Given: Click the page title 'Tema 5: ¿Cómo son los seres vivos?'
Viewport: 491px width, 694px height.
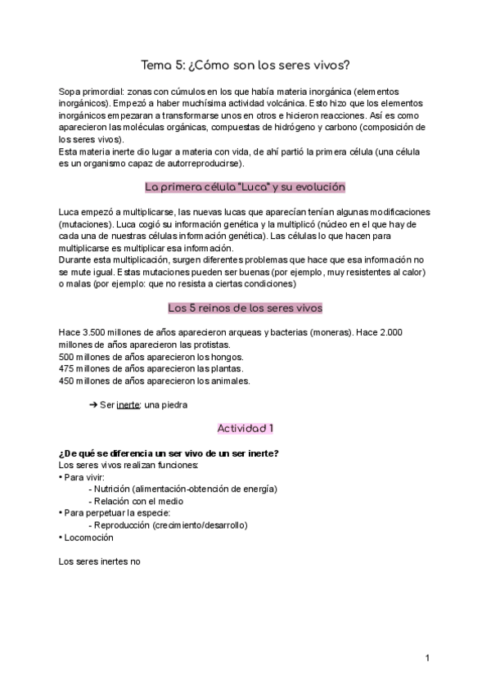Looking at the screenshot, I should click(x=245, y=66).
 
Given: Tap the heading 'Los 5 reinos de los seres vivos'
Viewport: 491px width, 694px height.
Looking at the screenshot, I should click(x=245, y=309).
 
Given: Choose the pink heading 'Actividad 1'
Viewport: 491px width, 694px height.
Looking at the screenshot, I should click(x=245, y=428).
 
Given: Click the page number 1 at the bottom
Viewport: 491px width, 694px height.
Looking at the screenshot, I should click(x=427, y=657).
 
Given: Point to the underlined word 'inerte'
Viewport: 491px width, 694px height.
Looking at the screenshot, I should click(x=128, y=404).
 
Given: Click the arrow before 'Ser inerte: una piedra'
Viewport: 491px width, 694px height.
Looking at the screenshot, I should click(x=92, y=404).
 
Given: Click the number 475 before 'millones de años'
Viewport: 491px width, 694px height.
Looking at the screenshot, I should click(x=69, y=368).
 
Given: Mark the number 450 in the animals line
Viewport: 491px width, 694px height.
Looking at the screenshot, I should click(x=69, y=380).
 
